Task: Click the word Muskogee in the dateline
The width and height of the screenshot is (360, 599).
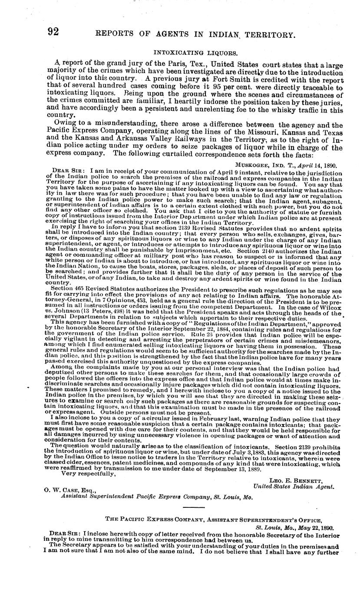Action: tap(254, 165)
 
